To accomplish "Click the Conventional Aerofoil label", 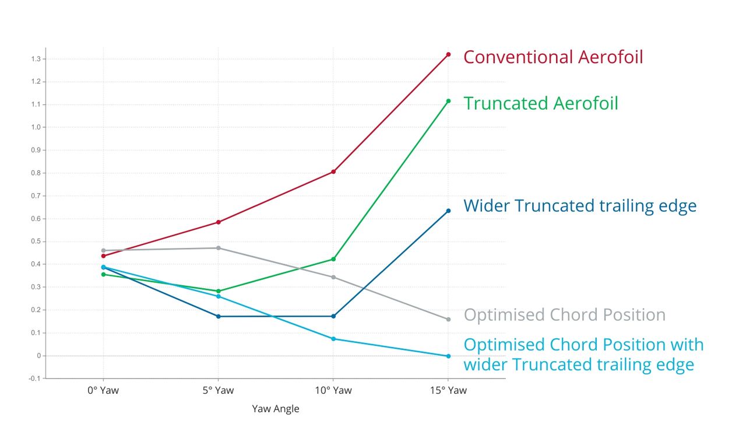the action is pyautogui.click(x=553, y=57).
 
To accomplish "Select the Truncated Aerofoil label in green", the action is pyautogui.click(x=541, y=103).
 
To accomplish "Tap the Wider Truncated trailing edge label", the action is pyautogui.click(x=580, y=206).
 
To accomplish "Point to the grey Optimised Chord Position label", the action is pyautogui.click(x=565, y=314).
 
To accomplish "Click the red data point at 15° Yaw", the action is pyautogui.click(x=448, y=54).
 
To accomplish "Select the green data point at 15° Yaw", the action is pyautogui.click(x=448, y=101).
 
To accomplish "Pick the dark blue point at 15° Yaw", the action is pyautogui.click(x=448, y=211).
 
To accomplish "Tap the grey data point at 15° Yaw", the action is pyautogui.click(x=448, y=319).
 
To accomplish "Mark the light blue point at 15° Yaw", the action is pyautogui.click(x=448, y=356).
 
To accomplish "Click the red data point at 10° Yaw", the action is pyautogui.click(x=333, y=171).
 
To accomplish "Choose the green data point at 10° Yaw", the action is pyautogui.click(x=333, y=259).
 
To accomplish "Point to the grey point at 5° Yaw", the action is pyautogui.click(x=219, y=248).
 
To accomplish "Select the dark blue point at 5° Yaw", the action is pyautogui.click(x=219, y=316).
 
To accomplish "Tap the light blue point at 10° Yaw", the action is pyautogui.click(x=333, y=339).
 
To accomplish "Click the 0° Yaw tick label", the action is pyautogui.click(x=103, y=390).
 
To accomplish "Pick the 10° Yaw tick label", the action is pyautogui.click(x=333, y=390).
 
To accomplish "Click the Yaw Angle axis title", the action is pyautogui.click(x=276, y=409).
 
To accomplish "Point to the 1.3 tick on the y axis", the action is pyautogui.click(x=36, y=59).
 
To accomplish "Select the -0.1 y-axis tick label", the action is pyautogui.click(x=34, y=379).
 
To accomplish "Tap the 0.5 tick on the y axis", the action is pyautogui.click(x=36, y=242).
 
